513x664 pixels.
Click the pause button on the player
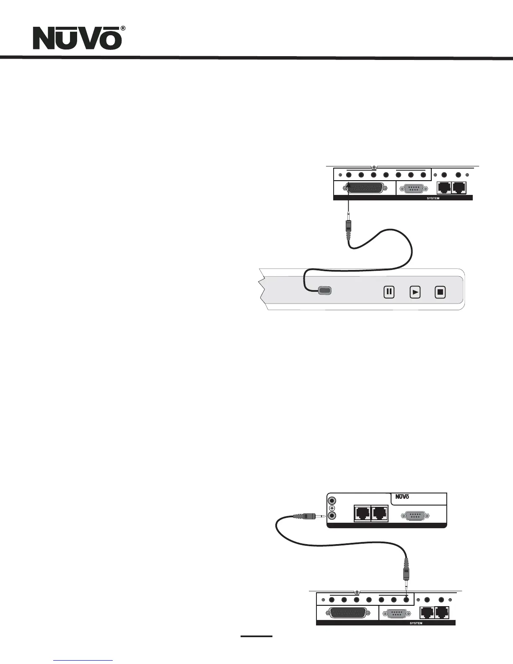tap(389, 292)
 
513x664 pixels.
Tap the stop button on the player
tap(440, 292)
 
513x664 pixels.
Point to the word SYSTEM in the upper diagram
tap(433, 198)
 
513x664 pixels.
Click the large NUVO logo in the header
tap(77, 39)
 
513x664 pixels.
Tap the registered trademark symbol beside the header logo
tap(123, 28)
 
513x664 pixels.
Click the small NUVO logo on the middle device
tap(402, 497)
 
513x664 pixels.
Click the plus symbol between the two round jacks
tap(332, 508)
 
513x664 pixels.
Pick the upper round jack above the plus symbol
tap(332, 501)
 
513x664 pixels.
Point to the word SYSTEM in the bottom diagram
tap(416, 623)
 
